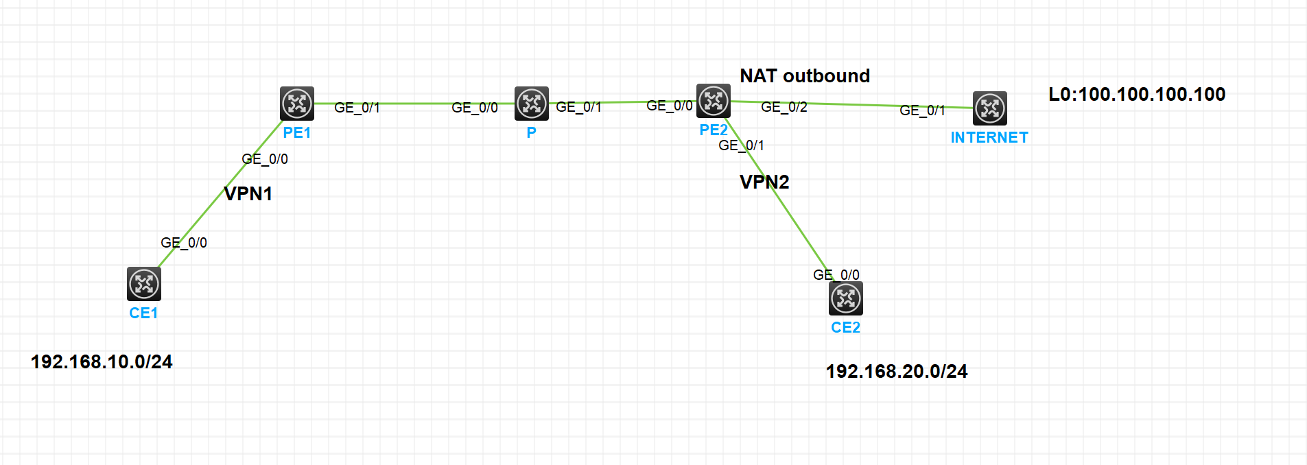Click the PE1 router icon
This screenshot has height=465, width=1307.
(x=297, y=104)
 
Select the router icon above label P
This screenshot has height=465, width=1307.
(x=532, y=104)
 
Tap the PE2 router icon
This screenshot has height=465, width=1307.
(x=714, y=101)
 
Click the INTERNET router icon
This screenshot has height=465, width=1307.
(x=990, y=108)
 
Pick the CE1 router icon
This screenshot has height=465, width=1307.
(x=144, y=284)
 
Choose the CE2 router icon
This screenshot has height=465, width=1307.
(x=846, y=298)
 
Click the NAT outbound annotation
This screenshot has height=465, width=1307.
(x=805, y=75)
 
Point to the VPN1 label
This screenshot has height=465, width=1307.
(x=248, y=193)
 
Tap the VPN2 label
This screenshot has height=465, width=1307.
(x=764, y=182)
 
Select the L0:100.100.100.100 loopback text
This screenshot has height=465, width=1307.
(x=1137, y=94)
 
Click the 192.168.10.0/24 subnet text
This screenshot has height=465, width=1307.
(x=102, y=361)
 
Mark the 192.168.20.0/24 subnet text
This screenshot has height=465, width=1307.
(x=897, y=371)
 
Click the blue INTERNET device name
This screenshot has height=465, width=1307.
(x=989, y=137)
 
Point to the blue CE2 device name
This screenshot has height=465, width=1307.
(x=845, y=327)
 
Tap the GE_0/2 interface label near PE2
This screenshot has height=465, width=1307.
(x=784, y=107)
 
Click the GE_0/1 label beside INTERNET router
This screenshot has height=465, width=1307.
(x=922, y=110)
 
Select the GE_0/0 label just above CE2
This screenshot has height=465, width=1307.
(x=836, y=274)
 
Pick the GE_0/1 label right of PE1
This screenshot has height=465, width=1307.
(x=357, y=108)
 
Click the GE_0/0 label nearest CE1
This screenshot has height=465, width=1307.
(x=184, y=243)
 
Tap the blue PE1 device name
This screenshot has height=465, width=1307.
(x=297, y=132)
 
